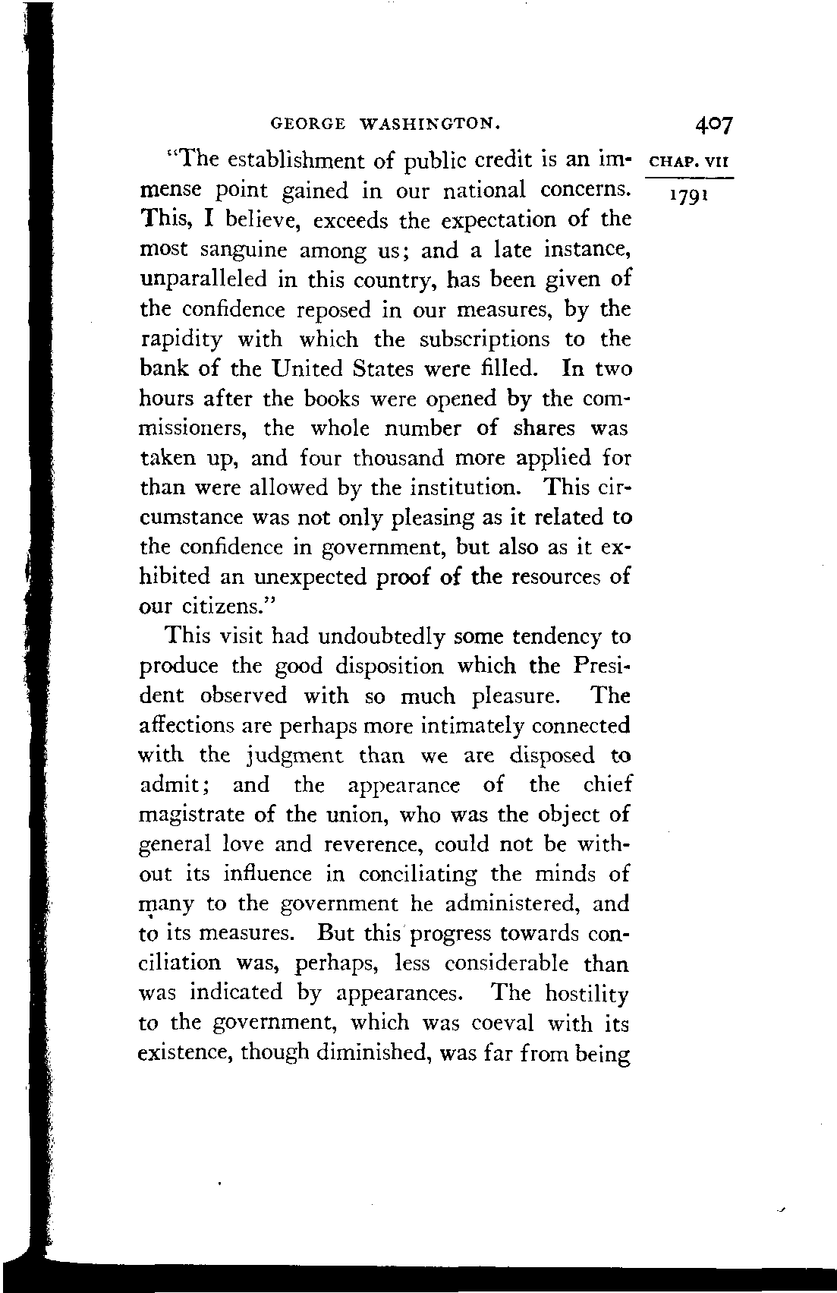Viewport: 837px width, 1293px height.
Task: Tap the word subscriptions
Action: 484,339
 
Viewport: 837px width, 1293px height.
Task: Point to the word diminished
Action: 378,1054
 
